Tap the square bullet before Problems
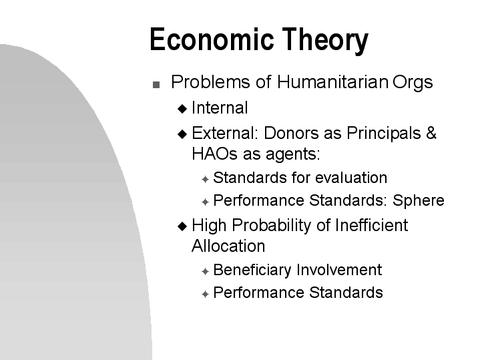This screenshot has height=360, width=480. click(156, 85)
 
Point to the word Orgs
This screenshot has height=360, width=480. click(413, 83)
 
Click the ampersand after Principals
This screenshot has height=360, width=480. click(431, 133)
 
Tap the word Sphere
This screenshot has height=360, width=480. click(419, 201)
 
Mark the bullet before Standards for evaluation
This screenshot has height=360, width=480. click(206, 179)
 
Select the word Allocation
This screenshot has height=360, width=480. click(228, 246)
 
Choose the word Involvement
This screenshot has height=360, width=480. click(339, 270)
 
